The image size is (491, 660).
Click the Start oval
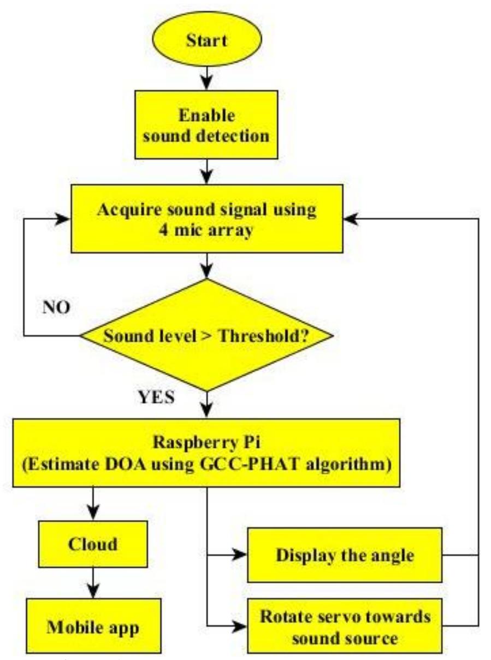pos(206,41)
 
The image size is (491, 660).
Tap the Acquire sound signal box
pos(206,219)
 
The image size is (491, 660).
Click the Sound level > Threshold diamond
pos(206,335)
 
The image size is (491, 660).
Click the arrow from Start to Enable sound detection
pos(206,78)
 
